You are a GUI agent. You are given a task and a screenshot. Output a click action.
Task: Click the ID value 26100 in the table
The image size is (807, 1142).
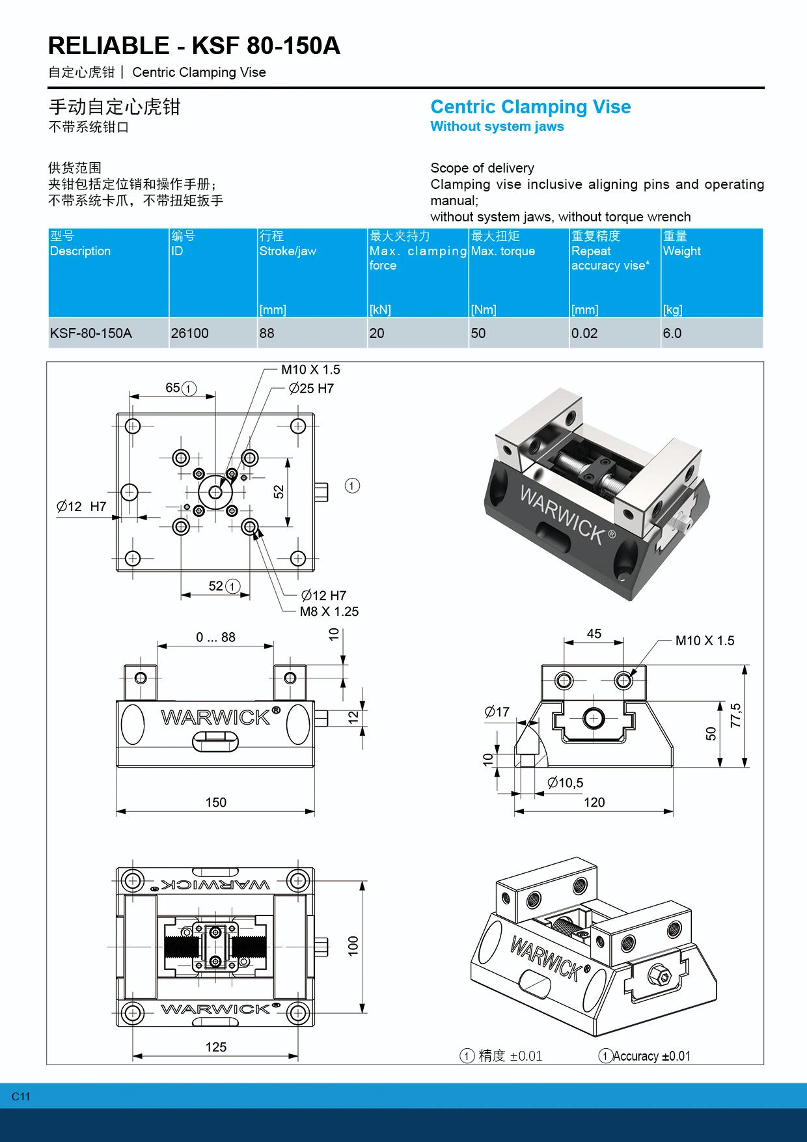click(189, 333)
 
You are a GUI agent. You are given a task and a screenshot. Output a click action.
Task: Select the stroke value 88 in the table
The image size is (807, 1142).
click(267, 333)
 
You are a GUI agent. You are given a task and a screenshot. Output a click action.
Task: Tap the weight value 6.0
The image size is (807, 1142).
click(672, 333)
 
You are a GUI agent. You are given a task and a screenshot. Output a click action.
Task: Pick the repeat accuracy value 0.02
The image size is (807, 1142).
click(584, 333)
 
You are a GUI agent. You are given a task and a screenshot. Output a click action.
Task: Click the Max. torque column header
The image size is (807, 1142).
click(503, 251)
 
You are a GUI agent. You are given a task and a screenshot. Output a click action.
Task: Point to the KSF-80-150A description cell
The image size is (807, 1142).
click(91, 333)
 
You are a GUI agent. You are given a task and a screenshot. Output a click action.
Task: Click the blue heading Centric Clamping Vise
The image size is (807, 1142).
click(530, 107)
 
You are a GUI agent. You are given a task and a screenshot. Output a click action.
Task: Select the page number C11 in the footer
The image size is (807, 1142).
click(21, 1096)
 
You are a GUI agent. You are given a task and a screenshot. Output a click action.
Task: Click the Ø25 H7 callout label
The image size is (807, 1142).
click(311, 389)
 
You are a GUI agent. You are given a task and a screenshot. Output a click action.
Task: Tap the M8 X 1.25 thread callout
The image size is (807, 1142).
click(329, 611)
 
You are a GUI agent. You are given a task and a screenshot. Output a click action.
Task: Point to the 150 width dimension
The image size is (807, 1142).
click(216, 802)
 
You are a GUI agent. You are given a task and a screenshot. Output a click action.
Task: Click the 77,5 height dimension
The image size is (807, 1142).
click(735, 716)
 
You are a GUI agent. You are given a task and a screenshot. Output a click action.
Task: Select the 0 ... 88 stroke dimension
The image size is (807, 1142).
click(215, 637)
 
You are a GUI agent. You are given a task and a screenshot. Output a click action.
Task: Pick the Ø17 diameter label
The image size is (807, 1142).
click(497, 712)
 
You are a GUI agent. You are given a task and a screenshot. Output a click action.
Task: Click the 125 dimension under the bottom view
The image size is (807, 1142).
click(216, 1047)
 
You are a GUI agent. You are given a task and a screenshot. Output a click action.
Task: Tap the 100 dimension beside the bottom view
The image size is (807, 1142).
click(353, 945)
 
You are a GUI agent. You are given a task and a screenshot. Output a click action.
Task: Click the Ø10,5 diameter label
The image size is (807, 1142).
click(565, 783)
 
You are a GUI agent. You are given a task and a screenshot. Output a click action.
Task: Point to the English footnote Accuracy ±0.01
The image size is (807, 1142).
click(650, 1056)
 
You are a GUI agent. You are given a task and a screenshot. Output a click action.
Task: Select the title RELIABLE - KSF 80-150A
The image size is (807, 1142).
click(194, 46)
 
